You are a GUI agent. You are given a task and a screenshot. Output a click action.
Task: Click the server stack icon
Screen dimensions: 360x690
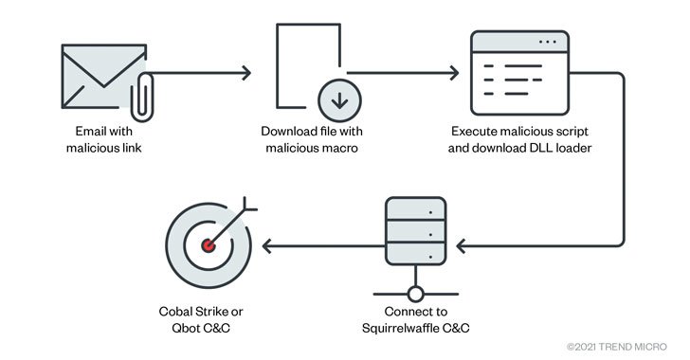[413, 232]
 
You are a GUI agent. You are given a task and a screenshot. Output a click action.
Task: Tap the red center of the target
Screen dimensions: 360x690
[207, 245]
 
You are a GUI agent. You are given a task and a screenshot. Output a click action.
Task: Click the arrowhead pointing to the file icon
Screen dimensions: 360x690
[247, 72]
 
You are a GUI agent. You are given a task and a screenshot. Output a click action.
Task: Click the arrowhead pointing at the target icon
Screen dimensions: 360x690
[268, 245]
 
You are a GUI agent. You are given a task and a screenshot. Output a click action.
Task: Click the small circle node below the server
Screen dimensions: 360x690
[413, 291]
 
